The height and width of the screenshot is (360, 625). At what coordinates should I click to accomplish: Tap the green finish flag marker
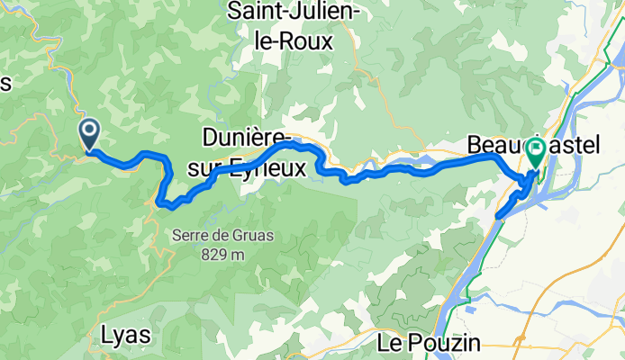pyautogui.click(x=536, y=150)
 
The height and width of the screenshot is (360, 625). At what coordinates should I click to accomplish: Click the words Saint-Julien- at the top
pyautogui.click(x=294, y=12)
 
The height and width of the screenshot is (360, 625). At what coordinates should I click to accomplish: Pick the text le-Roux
pyautogui.click(x=294, y=40)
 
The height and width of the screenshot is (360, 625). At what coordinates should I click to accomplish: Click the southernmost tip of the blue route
pyautogui.click(x=497, y=216)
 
